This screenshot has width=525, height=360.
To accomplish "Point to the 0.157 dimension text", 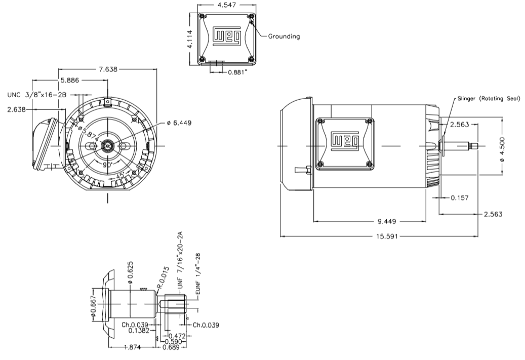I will tap(459, 197).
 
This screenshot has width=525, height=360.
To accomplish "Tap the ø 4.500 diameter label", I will tap(502, 147).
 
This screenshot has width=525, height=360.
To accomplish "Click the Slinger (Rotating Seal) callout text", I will tap(489, 99).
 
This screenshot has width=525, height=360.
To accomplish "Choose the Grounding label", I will tap(284, 36).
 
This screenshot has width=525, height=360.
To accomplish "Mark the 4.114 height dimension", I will tap(190, 38).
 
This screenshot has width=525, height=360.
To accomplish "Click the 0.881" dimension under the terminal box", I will tap(237, 72).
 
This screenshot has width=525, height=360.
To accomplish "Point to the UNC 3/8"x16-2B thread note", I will tap(37, 95).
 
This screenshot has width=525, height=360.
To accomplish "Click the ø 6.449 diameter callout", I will tap(179, 123).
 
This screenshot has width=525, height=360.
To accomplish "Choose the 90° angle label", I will tap(108, 166).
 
